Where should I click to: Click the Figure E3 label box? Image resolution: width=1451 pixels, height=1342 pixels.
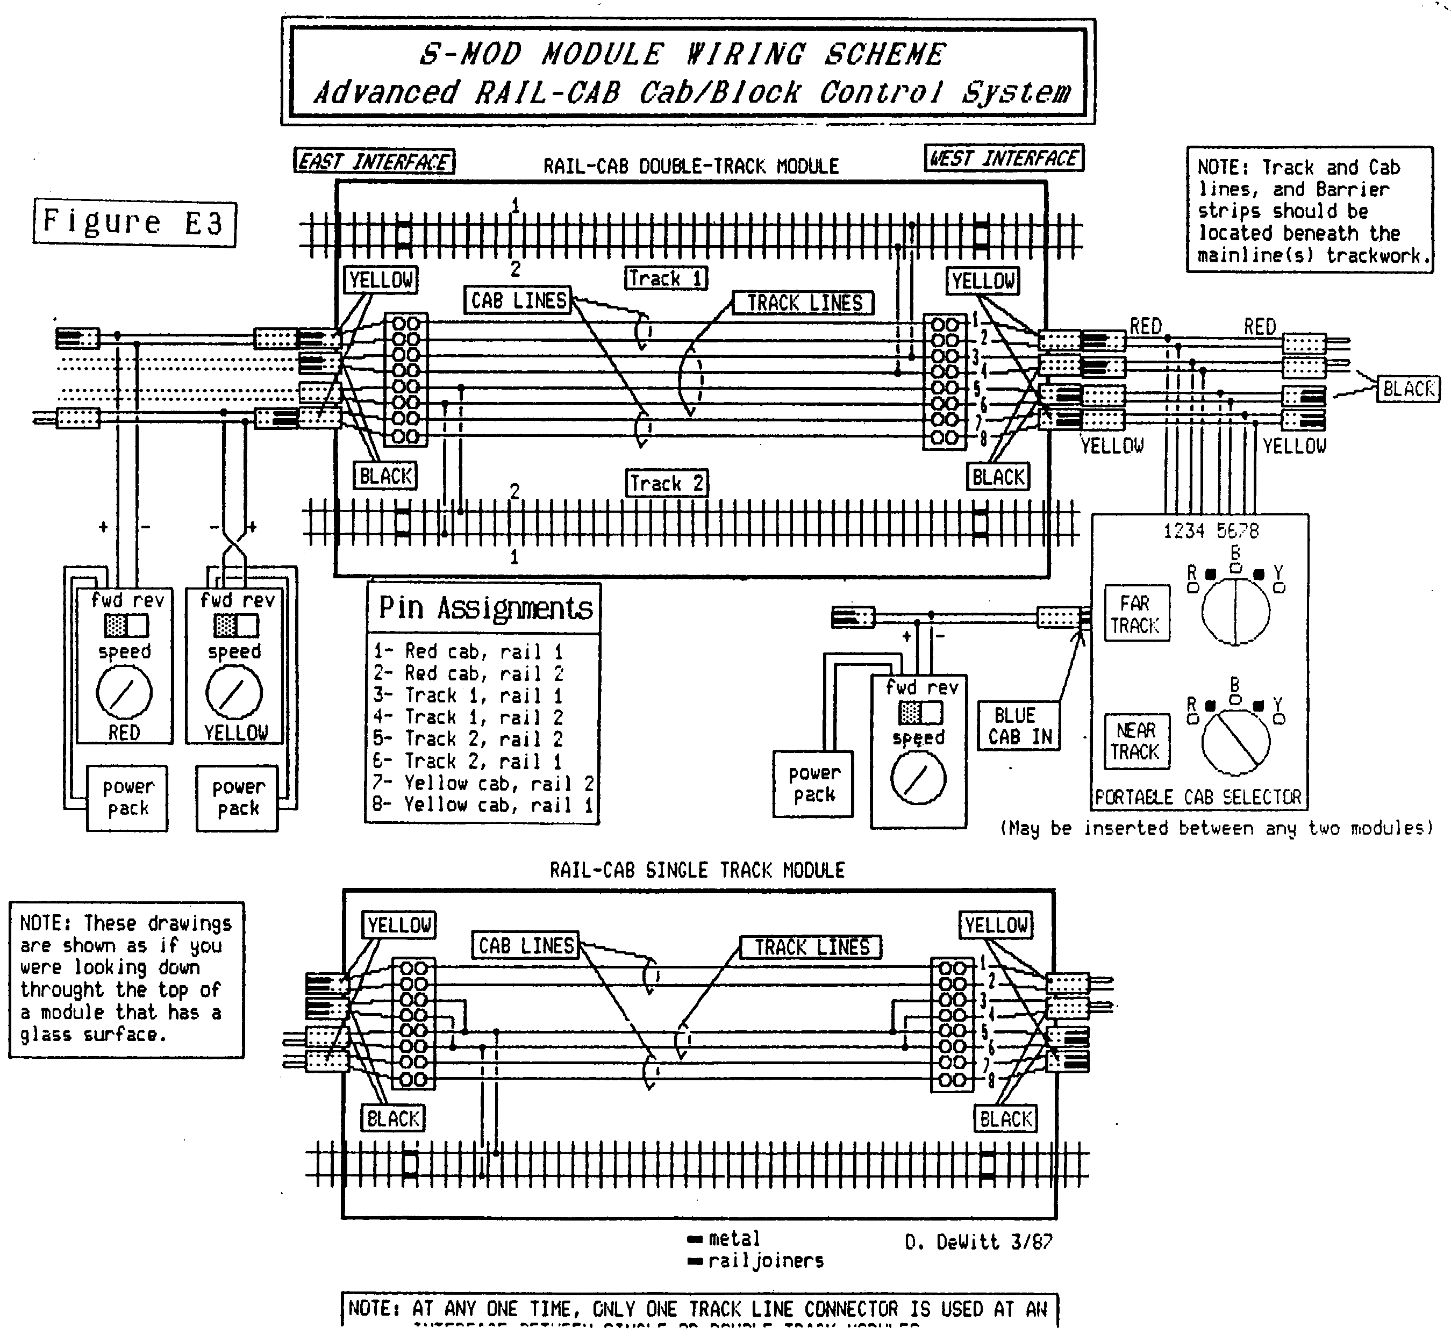coord(134,223)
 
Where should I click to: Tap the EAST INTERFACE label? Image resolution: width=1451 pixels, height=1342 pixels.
coord(374,161)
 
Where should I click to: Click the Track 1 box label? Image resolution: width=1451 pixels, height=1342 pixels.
coord(666,278)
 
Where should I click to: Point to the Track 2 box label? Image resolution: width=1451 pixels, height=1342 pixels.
coord(667,483)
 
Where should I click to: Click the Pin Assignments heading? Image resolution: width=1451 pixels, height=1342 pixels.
coord(485,608)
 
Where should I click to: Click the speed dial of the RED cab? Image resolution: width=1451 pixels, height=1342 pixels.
coord(124,693)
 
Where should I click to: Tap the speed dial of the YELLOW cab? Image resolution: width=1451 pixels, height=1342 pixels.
coord(234,693)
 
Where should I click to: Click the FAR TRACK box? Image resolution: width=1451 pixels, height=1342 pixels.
coord(1136,614)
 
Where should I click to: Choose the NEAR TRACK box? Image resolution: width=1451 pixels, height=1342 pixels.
coord(1136,741)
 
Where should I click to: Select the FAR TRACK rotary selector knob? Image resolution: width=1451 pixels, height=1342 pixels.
coord(1235,611)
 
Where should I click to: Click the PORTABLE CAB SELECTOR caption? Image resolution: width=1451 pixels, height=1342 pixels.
coord(1198,798)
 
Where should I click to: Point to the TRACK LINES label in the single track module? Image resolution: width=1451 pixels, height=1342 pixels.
coord(811,947)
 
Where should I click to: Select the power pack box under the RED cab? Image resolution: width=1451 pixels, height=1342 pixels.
coord(128,798)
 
